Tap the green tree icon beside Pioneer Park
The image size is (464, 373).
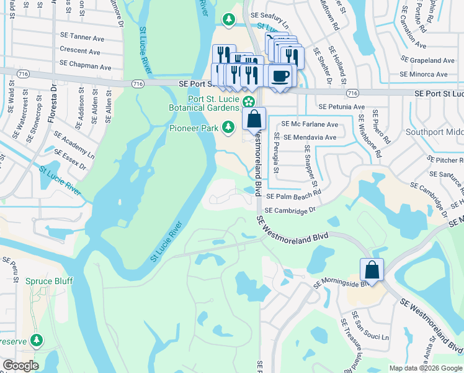pyautogui.click(x=228, y=127)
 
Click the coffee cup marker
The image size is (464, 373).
pyautogui.click(x=280, y=76)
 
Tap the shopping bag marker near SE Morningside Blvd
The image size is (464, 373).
pyautogui.click(x=372, y=270)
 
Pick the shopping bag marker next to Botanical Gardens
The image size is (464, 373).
pyautogui.click(x=254, y=119)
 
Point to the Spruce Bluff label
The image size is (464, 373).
pyautogui.click(x=49, y=281)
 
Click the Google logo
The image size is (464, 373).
pyautogui.click(x=20, y=366)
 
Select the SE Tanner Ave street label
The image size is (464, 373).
pyautogui.click(x=85, y=37)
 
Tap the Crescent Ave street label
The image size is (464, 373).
pyautogui.click(x=80, y=52)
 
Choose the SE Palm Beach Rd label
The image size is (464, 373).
pyautogui.click(x=293, y=195)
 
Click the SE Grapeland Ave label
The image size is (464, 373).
pyautogui.click(x=427, y=60)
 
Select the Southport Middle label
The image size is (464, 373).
pyautogui.click(x=434, y=132)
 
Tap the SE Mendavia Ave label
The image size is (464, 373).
pyautogui.click(x=310, y=137)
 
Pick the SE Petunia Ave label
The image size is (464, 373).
pyautogui.click(x=341, y=107)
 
